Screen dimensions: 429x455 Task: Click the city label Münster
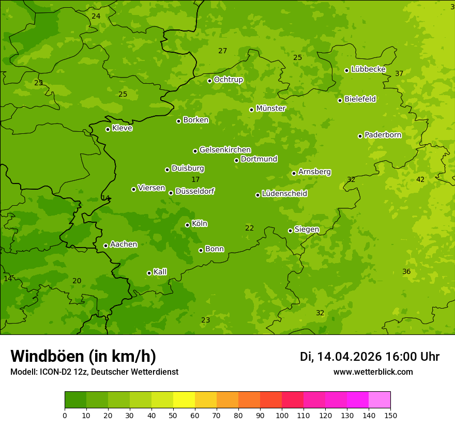(x=271, y=109)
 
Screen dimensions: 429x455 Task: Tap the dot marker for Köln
(x=187, y=225)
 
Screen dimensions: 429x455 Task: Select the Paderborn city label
(x=383, y=135)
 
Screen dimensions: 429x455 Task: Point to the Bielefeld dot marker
(x=340, y=100)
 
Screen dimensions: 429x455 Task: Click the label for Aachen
(x=124, y=244)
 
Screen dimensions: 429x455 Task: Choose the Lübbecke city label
(x=368, y=69)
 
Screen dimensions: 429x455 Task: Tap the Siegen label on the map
(x=307, y=229)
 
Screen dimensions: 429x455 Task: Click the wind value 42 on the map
(x=420, y=179)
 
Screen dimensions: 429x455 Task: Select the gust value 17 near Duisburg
(x=195, y=179)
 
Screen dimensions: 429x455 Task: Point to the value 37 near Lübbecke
(x=399, y=73)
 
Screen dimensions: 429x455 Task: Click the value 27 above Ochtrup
(x=223, y=51)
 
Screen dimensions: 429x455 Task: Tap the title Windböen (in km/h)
(x=83, y=356)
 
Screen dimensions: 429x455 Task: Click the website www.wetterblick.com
(x=373, y=372)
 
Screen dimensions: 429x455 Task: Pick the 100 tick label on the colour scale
(x=282, y=415)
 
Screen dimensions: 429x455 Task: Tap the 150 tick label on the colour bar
(x=390, y=415)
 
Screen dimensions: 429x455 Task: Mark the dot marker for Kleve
(x=108, y=129)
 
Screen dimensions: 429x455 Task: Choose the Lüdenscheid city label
(x=284, y=194)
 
